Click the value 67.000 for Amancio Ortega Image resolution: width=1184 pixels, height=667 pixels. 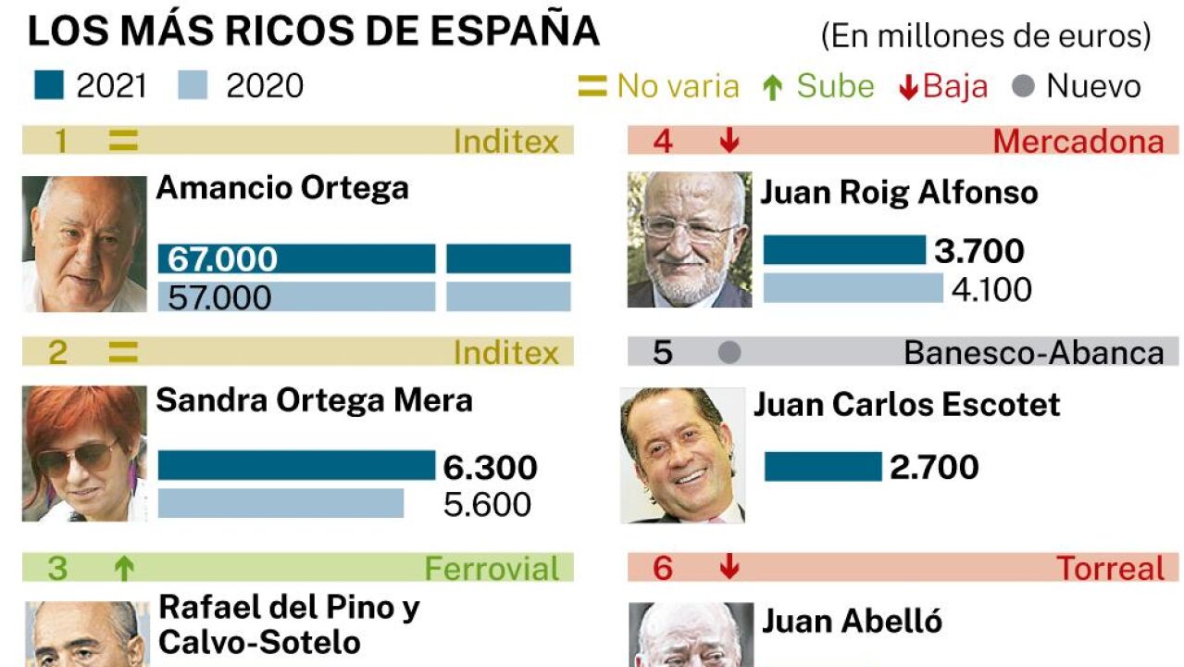(222, 259)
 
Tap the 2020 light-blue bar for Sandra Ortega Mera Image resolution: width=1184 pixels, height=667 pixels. (280, 503)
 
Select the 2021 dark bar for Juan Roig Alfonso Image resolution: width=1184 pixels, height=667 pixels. (844, 250)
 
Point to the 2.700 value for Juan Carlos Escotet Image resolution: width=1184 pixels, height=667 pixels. (934, 467)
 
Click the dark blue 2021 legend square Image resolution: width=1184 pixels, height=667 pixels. (48, 85)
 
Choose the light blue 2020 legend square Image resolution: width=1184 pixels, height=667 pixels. (193, 85)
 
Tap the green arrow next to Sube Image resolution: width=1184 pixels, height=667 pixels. (773, 87)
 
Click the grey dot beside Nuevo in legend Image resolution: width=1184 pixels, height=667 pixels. (1023, 86)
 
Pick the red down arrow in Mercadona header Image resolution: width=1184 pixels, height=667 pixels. (729, 141)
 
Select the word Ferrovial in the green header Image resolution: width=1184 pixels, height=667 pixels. (492, 568)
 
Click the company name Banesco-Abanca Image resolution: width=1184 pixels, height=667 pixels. (1034, 353)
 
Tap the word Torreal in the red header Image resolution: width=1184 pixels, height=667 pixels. (1110, 568)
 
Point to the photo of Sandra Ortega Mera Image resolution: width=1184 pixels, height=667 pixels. (84, 454)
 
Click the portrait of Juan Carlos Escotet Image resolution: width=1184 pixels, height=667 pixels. (682, 455)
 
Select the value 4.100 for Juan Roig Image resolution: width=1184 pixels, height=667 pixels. (991, 289)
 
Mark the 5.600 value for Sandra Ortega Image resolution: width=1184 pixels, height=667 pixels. (487, 504)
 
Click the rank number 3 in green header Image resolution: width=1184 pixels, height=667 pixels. (57, 568)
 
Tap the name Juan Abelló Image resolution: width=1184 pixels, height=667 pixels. (852, 621)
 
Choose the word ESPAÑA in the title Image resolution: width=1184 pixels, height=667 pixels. (514, 31)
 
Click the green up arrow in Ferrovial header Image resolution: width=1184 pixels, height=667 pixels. (123, 568)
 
